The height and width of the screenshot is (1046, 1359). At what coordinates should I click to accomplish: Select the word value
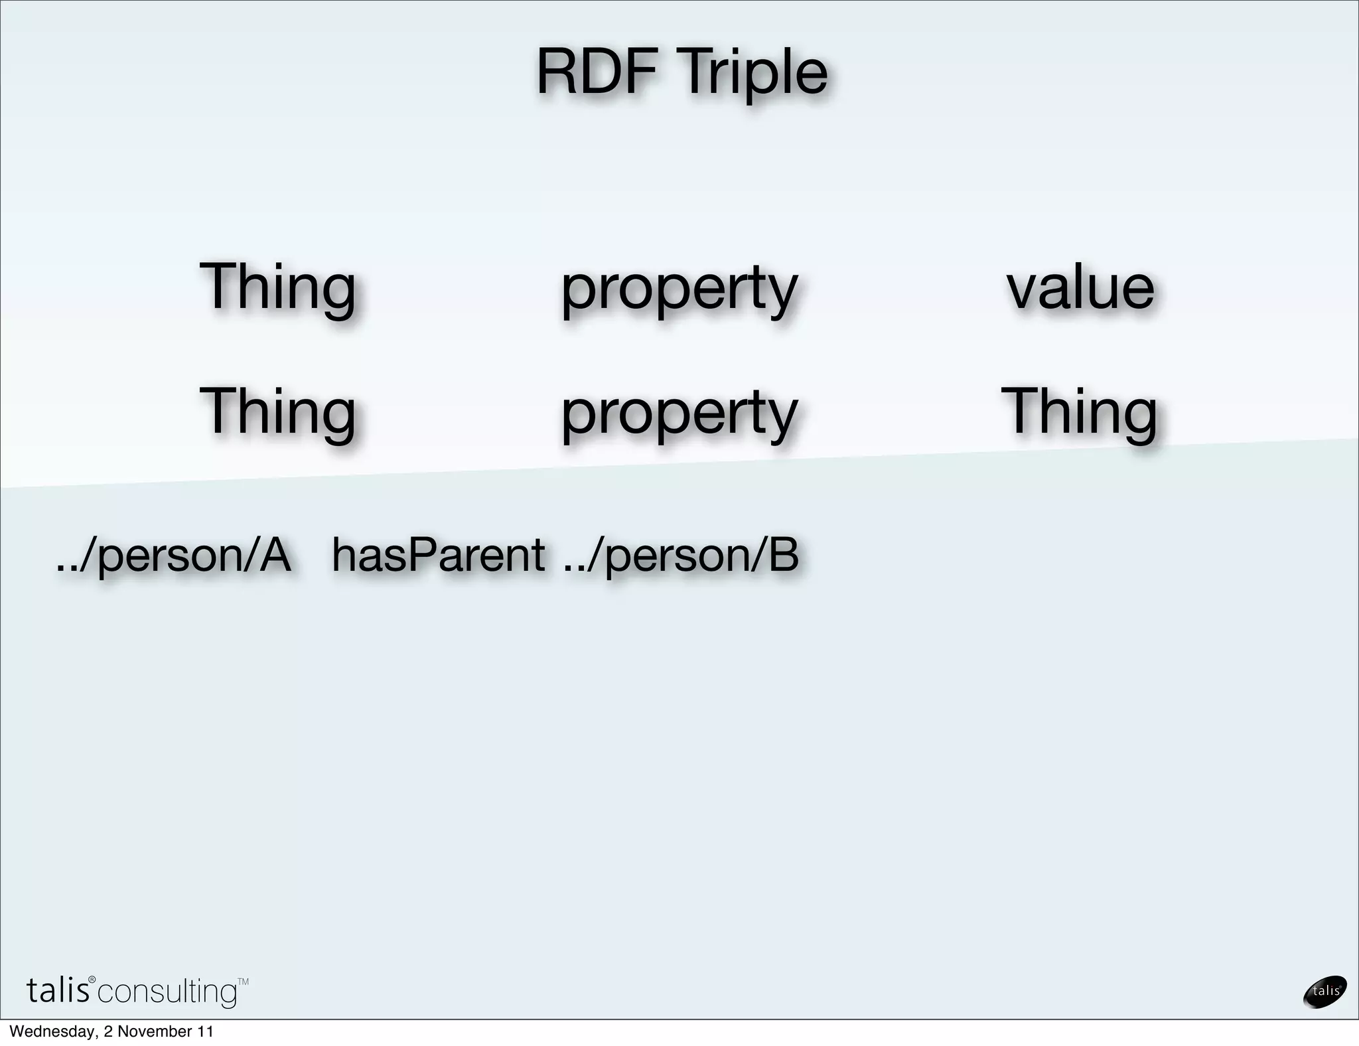pyautogui.click(x=1080, y=287)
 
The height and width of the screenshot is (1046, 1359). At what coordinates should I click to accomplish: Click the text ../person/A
pyautogui.click(x=173, y=556)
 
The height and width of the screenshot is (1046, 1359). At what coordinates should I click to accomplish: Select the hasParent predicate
pyautogui.click(x=438, y=555)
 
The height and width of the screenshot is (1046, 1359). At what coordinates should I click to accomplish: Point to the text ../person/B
pyautogui.click(x=681, y=556)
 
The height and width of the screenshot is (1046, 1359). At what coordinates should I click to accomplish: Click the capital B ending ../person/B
pyautogui.click(x=784, y=555)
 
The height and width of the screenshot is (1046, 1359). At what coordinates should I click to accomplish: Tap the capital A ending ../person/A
pyautogui.click(x=275, y=555)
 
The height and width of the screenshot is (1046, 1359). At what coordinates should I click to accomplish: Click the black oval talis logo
pyautogui.click(x=1325, y=992)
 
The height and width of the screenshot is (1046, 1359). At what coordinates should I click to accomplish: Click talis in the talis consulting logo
pyautogui.click(x=58, y=990)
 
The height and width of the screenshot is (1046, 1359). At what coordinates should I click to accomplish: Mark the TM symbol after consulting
pyautogui.click(x=243, y=981)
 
